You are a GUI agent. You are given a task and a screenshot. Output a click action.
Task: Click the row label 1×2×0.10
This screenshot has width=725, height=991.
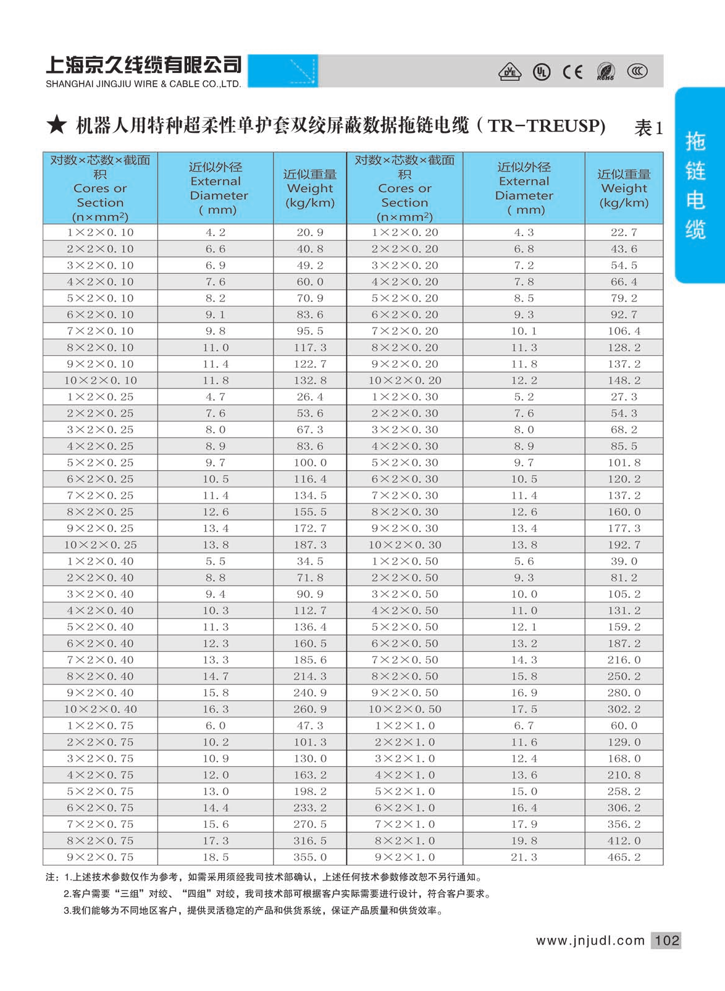(100, 232)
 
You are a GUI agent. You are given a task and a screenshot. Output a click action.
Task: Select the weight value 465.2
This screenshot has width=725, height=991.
(624, 857)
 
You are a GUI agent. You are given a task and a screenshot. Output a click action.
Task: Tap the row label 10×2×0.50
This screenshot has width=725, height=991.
(404, 709)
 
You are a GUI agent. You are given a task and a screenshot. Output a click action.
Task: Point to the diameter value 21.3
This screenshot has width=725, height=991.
(524, 857)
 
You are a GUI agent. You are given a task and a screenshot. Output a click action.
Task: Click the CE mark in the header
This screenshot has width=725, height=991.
(572, 72)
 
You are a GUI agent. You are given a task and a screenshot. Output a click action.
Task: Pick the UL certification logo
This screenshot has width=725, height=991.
(542, 72)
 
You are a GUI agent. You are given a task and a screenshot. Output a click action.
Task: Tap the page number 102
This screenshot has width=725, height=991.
(667, 940)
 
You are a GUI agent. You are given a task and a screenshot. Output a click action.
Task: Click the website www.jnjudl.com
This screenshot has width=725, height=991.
(590, 940)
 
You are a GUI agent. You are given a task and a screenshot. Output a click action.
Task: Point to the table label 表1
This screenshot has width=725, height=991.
(648, 128)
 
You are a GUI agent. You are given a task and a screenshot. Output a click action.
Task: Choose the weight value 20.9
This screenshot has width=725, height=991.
(310, 232)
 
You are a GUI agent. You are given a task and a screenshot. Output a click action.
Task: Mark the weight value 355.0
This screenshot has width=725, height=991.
(310, 857)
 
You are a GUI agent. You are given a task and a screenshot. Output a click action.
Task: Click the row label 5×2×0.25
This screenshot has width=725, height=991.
(100, 462)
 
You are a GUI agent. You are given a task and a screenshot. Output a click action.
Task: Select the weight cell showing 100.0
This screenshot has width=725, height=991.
(310, 462)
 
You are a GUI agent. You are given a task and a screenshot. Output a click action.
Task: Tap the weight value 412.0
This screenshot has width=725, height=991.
(624, 840)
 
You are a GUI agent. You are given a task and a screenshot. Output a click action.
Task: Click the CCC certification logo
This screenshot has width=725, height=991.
(637, 72)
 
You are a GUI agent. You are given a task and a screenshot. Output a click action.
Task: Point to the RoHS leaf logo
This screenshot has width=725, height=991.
(606, 72)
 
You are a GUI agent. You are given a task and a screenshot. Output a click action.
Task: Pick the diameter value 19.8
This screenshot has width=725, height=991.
(524, 840)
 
